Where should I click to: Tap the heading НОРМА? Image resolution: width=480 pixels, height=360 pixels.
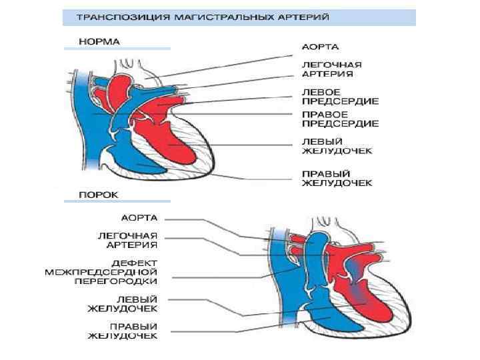[x=99, y=41]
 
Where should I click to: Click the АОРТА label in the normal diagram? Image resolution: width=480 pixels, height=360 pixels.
[x=321, y=47]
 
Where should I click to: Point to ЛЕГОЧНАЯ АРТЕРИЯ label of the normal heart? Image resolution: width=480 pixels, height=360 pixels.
[x=332, y=69]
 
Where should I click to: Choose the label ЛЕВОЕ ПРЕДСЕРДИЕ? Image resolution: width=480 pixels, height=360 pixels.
[x=340, y=97]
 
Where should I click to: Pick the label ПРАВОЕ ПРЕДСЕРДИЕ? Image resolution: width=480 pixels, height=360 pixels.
[x=340, y=119]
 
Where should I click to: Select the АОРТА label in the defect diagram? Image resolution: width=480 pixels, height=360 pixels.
[x=139, y=217]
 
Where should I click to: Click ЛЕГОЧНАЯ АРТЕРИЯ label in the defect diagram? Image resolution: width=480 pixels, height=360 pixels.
[x=128, y=240]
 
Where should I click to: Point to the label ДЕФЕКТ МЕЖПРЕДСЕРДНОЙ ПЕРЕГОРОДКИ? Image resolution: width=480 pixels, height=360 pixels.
[x=101, y=272]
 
